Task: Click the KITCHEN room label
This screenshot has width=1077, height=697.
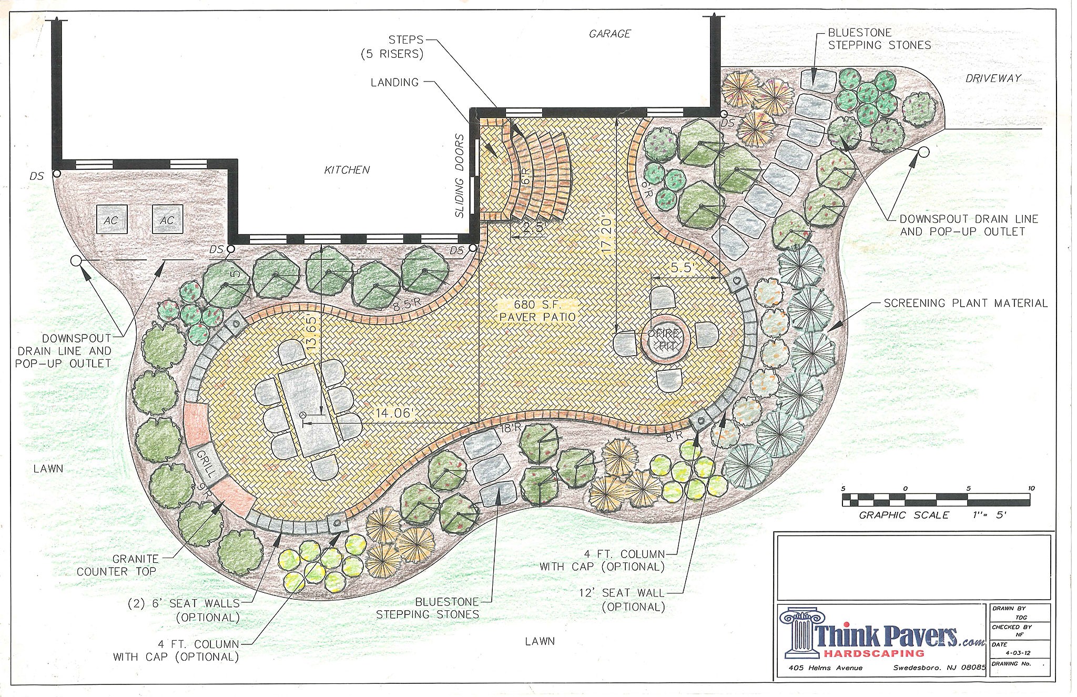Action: click(x=347, y=170)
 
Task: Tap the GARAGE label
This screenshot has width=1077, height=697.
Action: click(x=610, y=34)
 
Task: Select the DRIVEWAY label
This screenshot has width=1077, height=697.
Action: click(x=993, y=78)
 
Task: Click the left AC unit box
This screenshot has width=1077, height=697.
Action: click(x=111, y=219)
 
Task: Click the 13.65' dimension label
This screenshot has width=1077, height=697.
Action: click(x=312, y=334)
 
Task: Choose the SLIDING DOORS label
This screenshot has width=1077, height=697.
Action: click(x=460, y=176)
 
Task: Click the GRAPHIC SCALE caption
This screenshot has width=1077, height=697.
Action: click(x=905, y=515)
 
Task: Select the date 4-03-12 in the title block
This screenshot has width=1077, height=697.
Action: click(x=1012, y=654)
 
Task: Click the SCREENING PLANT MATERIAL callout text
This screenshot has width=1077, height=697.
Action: click(x=966, y=304)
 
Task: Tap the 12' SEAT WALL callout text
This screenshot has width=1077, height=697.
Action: click(x=633, y=600)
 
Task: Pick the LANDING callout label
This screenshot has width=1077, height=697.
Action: click(x=395, y=83)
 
